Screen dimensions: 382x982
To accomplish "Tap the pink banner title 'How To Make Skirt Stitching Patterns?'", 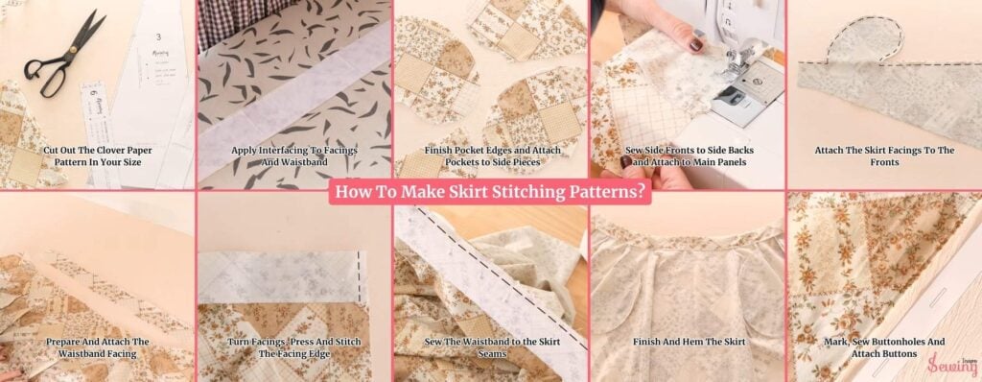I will [x=490, y=190].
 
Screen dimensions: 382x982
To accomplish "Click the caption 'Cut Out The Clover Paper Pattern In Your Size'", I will [x=98, y=156].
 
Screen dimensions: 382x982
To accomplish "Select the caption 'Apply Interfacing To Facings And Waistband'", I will [x=293, y=156].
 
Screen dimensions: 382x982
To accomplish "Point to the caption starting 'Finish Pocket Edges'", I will [x=490, y=156].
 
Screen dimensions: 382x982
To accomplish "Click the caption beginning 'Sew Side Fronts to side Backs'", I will [x=687, y=156].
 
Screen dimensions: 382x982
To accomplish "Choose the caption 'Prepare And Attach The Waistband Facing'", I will [x=98, y=347].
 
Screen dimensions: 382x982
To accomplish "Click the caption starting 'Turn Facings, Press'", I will [x=293, y=347].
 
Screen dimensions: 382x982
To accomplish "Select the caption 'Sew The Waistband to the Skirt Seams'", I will [x=490, y=347].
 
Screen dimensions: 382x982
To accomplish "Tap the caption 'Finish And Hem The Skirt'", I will [x=687, y=342].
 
